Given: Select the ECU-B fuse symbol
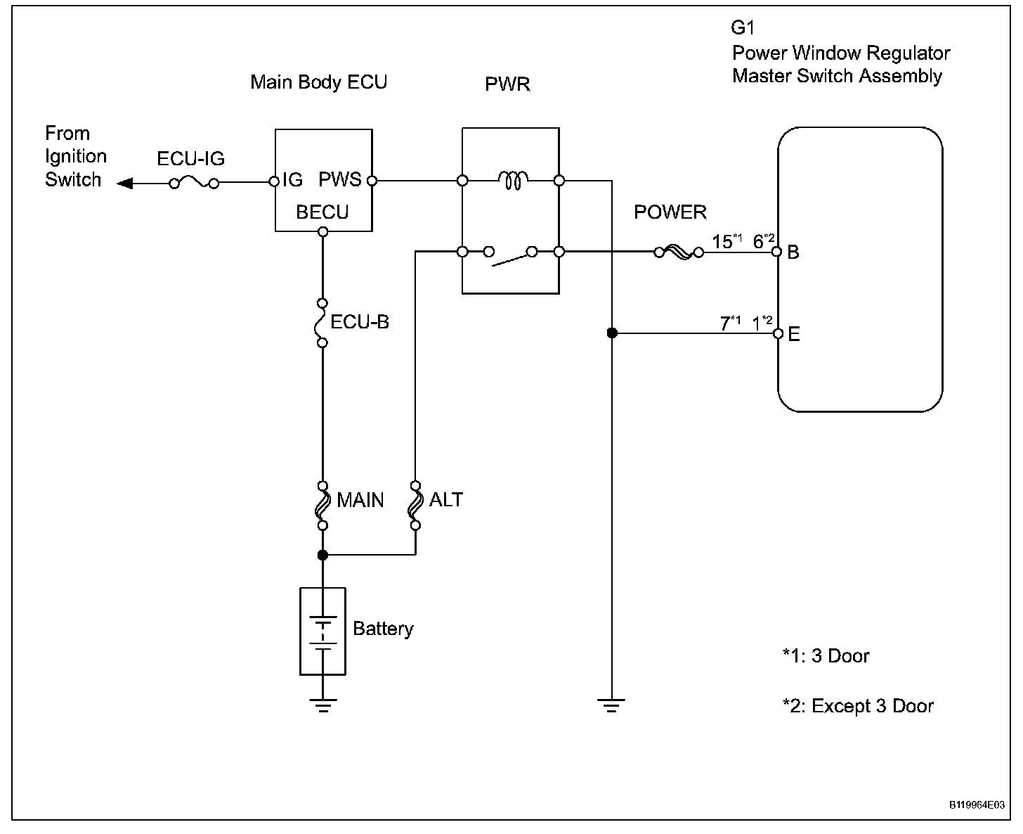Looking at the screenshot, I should click(322, 323).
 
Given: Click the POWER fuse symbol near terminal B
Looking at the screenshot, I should click(678, 252).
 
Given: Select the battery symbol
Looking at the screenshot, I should click(322, 631).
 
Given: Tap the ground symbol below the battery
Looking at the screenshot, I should click(322, 705).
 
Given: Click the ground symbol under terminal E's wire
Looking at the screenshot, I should click(611, 705).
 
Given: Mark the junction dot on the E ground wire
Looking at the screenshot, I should click(612, 333).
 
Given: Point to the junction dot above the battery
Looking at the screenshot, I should click(322, 555).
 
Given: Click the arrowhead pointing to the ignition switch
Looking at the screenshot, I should click(124, 184).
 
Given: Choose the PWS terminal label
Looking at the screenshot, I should click(339, 180).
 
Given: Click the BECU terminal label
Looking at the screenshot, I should click(322, 212).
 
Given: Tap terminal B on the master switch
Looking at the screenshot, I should click(778, 252).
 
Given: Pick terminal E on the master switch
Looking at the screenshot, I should click(778, 333).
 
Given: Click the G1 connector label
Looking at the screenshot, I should click(743, 28).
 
